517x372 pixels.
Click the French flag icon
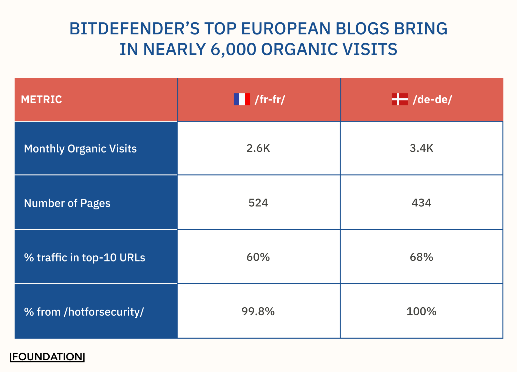[242, 99]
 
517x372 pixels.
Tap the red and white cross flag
[400, 99]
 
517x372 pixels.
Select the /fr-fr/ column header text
[270, 99]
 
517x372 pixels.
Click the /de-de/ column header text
[432, 99]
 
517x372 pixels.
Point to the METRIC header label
[41, 99]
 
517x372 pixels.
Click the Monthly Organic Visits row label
[80, 149]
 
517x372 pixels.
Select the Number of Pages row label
[67, 203]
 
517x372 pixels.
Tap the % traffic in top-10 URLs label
[85, 258]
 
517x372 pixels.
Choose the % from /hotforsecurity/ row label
[84, 312]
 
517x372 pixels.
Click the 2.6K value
[258, 148]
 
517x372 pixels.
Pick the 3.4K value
[421, 148]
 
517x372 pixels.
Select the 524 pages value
[258, 203]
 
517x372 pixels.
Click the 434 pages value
[421, 203]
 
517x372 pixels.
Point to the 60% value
[258, 257]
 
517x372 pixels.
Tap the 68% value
[421, 257]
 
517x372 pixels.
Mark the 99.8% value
[258, 311]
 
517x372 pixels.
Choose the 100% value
[421, 311]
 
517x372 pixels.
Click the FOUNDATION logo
[47, 357]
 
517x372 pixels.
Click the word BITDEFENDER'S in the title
[134, 28]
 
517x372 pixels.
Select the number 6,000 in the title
[233, 49]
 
